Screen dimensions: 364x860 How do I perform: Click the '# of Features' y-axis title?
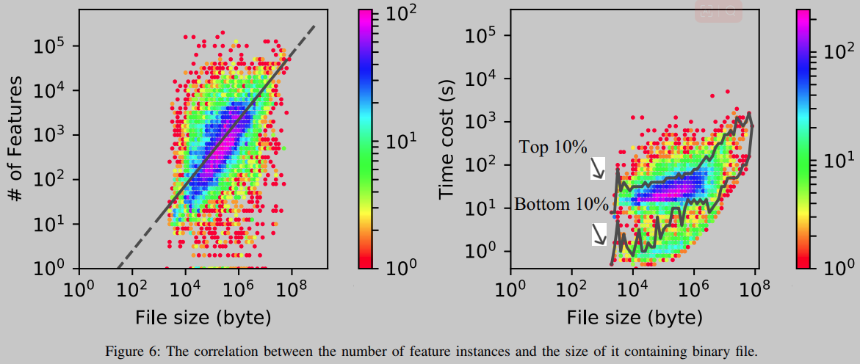[15, 139]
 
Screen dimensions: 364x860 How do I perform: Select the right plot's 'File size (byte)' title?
[634, 318]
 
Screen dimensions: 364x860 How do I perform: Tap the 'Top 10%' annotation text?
[553, 147]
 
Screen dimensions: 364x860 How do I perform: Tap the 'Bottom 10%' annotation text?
[561, 204]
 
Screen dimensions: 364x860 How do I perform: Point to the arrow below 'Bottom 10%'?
[599, 234]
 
